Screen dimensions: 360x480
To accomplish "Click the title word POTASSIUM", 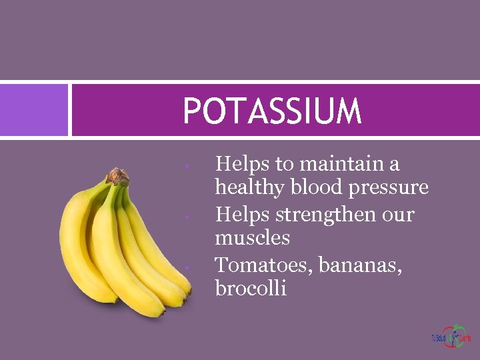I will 272,111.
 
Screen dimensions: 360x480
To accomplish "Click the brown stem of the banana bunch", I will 118,177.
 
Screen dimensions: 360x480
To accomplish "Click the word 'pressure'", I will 389,189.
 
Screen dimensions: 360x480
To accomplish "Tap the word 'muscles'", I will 252,237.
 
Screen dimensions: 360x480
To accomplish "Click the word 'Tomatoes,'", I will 264,265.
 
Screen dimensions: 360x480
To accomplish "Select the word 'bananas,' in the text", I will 360,265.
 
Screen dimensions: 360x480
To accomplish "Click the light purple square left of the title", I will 34,110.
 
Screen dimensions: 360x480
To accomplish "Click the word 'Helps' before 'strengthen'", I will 243,214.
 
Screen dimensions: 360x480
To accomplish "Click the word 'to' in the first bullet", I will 287,164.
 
